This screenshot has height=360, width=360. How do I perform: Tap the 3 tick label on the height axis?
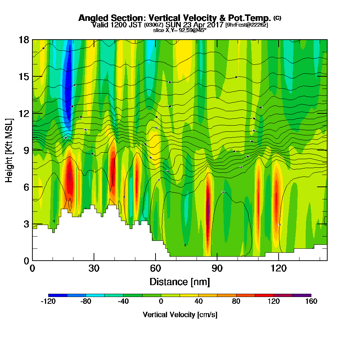click(26, 224)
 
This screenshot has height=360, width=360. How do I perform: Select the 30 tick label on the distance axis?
click(94, 268)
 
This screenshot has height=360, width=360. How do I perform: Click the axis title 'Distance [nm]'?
click(180, 282)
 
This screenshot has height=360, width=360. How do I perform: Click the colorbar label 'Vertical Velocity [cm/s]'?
click(180, 315)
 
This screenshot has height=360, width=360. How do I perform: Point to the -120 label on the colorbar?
click(48, 301)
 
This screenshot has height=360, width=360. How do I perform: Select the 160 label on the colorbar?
click(311, 301)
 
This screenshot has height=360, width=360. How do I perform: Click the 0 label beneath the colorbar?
click(161, 301)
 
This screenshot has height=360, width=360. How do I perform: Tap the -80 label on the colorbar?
click(86, 301)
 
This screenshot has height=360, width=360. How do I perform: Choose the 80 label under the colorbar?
click(236, 301)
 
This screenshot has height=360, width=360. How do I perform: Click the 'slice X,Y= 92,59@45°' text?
click(180, 30)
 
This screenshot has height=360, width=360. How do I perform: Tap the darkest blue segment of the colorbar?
click(58, 295)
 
